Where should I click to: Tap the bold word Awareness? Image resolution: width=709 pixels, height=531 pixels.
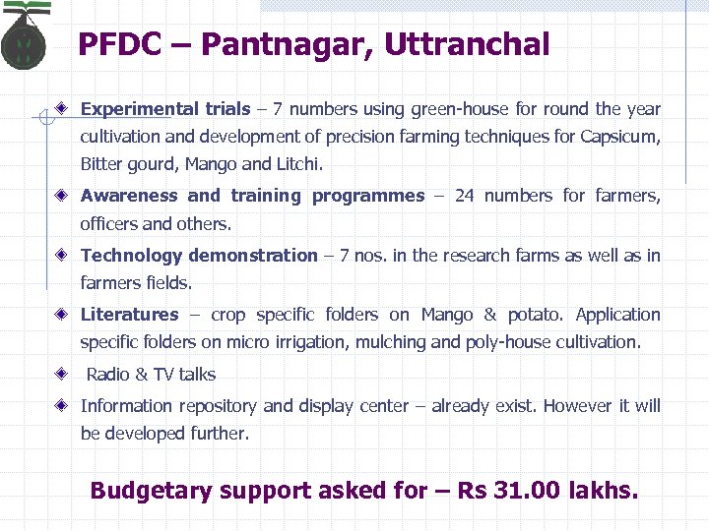tap(129, 196)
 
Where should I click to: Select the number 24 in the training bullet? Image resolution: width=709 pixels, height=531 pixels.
tap(464, 196)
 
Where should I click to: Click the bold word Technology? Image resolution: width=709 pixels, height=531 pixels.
tap(132, 256)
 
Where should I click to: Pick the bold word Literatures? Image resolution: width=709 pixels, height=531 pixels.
tap(129, 315)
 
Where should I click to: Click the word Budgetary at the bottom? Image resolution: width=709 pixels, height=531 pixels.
tap(150, 490)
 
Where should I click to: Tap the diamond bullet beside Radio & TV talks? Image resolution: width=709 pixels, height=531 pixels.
tap(62, 374)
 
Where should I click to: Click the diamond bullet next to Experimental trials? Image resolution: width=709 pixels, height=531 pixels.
tap(62, 109)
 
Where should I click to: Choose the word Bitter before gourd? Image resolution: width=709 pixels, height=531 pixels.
tap(100, 163)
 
